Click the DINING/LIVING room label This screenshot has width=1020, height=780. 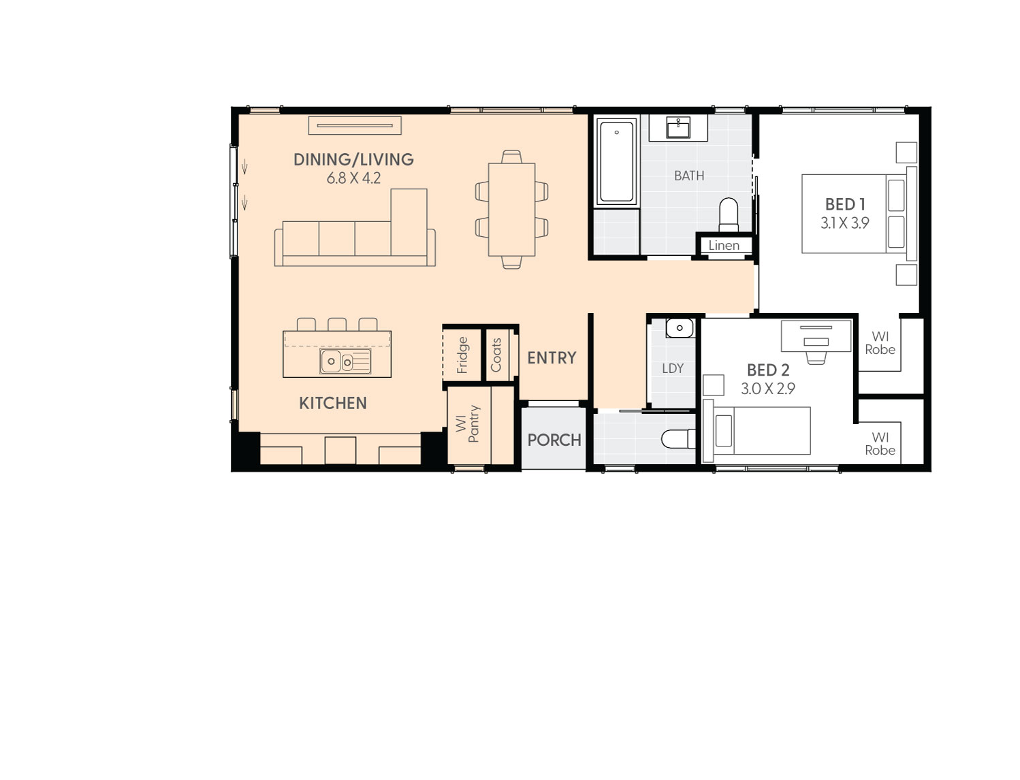click(353, 160)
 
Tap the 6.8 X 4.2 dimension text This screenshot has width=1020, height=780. click(353, 178)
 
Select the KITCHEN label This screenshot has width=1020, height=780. click(333, 404)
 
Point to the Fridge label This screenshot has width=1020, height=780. click(463, 355)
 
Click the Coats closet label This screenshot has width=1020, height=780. click(496, 355)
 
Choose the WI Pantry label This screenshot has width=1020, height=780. click(468, 424)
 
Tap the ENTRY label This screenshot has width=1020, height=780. click(552, 358)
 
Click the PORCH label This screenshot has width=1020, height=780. click(554, 440)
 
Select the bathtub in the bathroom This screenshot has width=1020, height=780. click(616, 161)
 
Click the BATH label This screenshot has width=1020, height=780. click(689, 176)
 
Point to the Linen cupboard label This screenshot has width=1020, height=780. click(724, 246)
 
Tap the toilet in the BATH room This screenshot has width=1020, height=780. click(729, 214)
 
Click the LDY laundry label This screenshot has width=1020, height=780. click(673, 369)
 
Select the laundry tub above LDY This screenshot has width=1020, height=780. click(679, 328)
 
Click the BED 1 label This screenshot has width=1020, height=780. click(845, 205)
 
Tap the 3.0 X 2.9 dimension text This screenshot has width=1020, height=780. click(768, 389)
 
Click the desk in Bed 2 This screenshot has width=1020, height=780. click(816, 336)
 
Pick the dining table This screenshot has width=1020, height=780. click(511, 210)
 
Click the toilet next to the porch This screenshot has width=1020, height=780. click(678, 439)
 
